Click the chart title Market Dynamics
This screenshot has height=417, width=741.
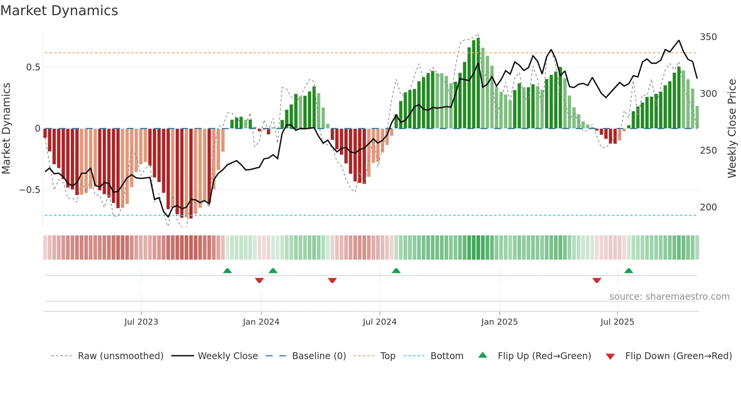(x=59, y=11)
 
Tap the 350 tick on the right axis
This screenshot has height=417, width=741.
(x=708, y=37)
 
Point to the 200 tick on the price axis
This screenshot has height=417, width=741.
(x=708, y=207)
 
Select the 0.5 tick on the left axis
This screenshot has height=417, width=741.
(x=33, y=67)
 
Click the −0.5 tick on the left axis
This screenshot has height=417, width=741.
(x=30, y=190)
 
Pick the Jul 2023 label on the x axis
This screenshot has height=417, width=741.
(x=141, y=322)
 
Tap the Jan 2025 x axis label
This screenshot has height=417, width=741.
(x=499, y=322)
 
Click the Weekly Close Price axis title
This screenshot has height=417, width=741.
(x=732, y=129)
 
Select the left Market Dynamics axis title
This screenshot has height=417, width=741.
(x=6, y=129)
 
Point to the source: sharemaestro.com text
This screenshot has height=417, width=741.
(x=669, y=297)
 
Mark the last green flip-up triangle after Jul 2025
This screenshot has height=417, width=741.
(x=628, y=271)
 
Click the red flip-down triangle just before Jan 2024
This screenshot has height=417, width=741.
(x=259, y=280)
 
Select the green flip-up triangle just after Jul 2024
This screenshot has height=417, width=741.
(x=396, y=271)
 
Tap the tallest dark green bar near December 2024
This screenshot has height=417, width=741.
(x=478, y=83)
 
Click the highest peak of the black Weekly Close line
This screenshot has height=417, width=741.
(x=679, y=40)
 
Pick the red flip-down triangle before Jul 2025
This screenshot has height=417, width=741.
(x=597, y=280)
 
